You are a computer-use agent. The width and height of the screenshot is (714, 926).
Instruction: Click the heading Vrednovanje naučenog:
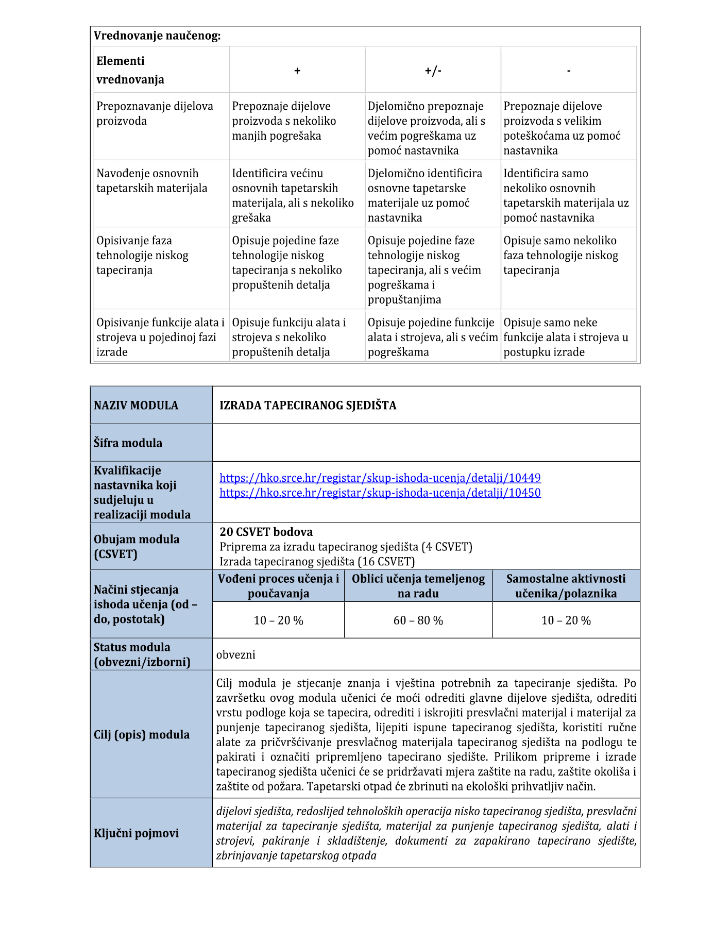pyautogui.click(x=157, y=36)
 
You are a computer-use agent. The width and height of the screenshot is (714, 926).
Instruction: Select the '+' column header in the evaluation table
pyautogui.click(x=297, y=71)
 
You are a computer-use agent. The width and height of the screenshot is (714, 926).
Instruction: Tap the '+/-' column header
pyautogui.click(x=433, y=71)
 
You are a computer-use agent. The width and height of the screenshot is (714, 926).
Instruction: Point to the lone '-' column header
pyautogui.click(x=569, y=71)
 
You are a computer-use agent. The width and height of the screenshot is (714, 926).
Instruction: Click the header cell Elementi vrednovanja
pyautogui.click(x=130, y=70)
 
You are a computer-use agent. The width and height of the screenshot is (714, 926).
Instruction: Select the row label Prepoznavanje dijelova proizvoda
pyautogui.click(x=155, y=113)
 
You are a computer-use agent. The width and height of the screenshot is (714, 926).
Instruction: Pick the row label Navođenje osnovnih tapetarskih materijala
pyautogui.click(x=152, y=181)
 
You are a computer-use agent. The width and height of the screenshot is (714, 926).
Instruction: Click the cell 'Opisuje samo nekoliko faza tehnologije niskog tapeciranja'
pyautogui.click(x=560, y=255)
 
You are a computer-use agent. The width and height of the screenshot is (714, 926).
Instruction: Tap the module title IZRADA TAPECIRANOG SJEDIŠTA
pyautogui.click(x=308, y=406)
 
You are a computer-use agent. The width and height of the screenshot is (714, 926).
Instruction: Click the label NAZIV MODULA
pyautogui.click(x=136, y=406)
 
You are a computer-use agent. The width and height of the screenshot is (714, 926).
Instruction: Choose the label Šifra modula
pyautogui.click(x=128, y=443)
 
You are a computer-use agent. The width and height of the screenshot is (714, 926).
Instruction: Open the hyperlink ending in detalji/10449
pyautogui.click(x=380, y=478)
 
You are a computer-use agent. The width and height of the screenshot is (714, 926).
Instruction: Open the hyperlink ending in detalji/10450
pyautogui.click(x=380, y=493)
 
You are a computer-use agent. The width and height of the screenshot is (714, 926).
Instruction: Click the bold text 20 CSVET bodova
pyautogui.click(x=266, y=532)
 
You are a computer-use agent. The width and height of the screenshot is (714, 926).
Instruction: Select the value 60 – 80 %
pyautogui.click(x=418, y=620)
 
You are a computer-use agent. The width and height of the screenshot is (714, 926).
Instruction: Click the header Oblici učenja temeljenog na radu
pyautogui.click(x=418, y=586)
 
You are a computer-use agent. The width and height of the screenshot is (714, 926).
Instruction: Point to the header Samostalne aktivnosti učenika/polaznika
pyautogui.click(x=566, y=586)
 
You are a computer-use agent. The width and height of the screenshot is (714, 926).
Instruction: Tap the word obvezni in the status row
pyautogui.click(x=236, y=655)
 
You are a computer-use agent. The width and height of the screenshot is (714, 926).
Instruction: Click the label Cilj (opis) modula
pyautogui.click(x=142, y=735)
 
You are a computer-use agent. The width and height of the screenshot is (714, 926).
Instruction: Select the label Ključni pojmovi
pyautogui.click(x=137, y=833)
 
